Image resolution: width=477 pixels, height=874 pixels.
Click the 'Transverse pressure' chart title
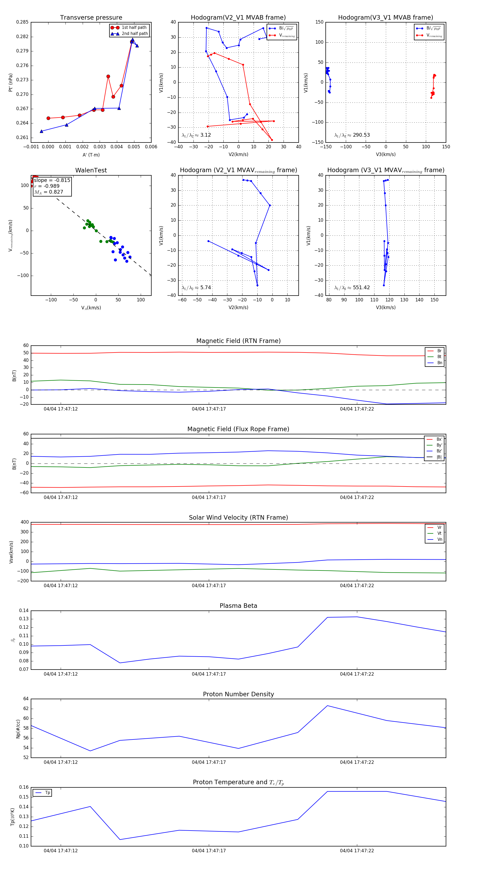tap(91, 18)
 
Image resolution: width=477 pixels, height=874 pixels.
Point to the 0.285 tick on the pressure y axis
tap(23, 22)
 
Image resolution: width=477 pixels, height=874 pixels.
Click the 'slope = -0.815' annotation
tap(52, 180)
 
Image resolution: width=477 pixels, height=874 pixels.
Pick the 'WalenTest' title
tap(91, 170)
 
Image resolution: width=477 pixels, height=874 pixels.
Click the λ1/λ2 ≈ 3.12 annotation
tap(196, 135)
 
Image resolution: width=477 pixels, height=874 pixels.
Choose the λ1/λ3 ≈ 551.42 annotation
tap(352, 288)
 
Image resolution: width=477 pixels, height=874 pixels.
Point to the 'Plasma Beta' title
tap(238, 606)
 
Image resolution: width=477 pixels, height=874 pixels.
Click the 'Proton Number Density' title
tap(238, 694)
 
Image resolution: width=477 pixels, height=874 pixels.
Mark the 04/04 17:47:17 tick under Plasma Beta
tap(209, 674)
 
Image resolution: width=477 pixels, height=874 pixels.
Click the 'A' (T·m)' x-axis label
tap(91, 155)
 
